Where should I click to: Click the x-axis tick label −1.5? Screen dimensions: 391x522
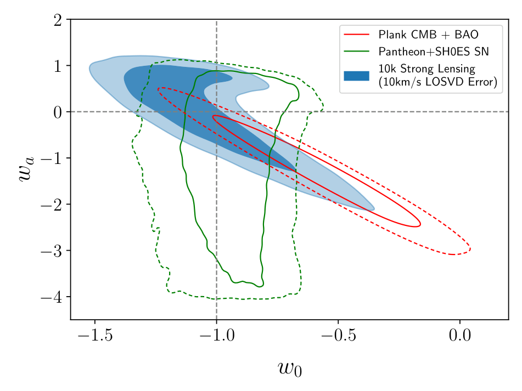94,336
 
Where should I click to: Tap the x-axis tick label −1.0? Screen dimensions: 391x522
216,336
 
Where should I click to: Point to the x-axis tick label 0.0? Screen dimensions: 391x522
459,336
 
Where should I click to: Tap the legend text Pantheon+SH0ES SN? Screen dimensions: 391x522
433,52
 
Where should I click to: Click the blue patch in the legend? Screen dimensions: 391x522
357,76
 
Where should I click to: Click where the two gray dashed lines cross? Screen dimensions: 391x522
216,112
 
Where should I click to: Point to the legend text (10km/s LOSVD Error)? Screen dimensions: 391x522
437,83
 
